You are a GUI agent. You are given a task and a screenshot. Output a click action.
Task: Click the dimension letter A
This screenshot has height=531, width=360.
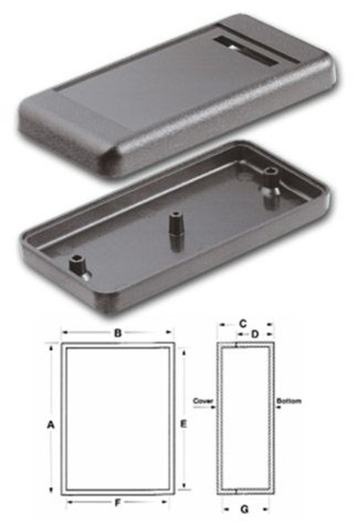tap(51, 422)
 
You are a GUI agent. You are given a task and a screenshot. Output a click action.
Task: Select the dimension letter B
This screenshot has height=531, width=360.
tap(118, 332)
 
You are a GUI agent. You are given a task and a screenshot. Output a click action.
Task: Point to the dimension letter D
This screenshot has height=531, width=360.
tap(254, 333)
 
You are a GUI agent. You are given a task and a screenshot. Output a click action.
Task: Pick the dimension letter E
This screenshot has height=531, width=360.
tap(184, 422)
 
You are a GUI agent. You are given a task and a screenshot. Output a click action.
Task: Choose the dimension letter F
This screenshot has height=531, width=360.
tap(118, 503)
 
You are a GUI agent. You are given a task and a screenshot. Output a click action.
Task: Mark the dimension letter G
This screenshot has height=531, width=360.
tap(243, 509)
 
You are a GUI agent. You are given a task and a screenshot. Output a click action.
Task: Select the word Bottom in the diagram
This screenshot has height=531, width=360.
tap(288, 400)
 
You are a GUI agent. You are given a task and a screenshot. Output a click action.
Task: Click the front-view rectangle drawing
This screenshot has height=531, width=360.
tap(118, 419)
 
